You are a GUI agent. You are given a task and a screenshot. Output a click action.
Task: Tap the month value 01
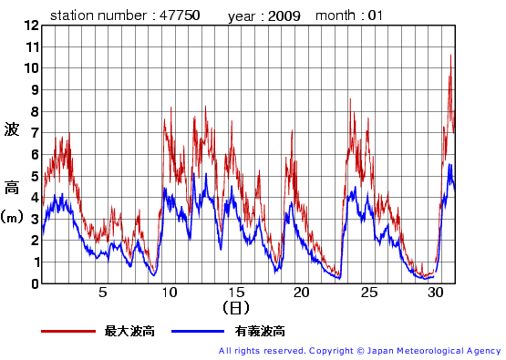[x=376, y=15]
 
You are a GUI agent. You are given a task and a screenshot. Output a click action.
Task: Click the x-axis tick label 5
[x=103, y=293]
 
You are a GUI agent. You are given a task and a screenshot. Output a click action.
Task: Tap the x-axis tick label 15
[x=236, y=293]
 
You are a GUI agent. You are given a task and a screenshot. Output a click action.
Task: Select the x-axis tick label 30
[x=435, y=293]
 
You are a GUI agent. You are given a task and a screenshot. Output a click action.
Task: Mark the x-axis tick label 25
[x=368, y=293]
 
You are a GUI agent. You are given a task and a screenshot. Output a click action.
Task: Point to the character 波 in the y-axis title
[x=12, y=129]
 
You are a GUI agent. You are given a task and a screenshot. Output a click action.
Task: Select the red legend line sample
[x=67, y=331]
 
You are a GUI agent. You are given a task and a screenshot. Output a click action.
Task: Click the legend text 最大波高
[x=129, y=331]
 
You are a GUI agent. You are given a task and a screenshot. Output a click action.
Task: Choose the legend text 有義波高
[x=260, y=331]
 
